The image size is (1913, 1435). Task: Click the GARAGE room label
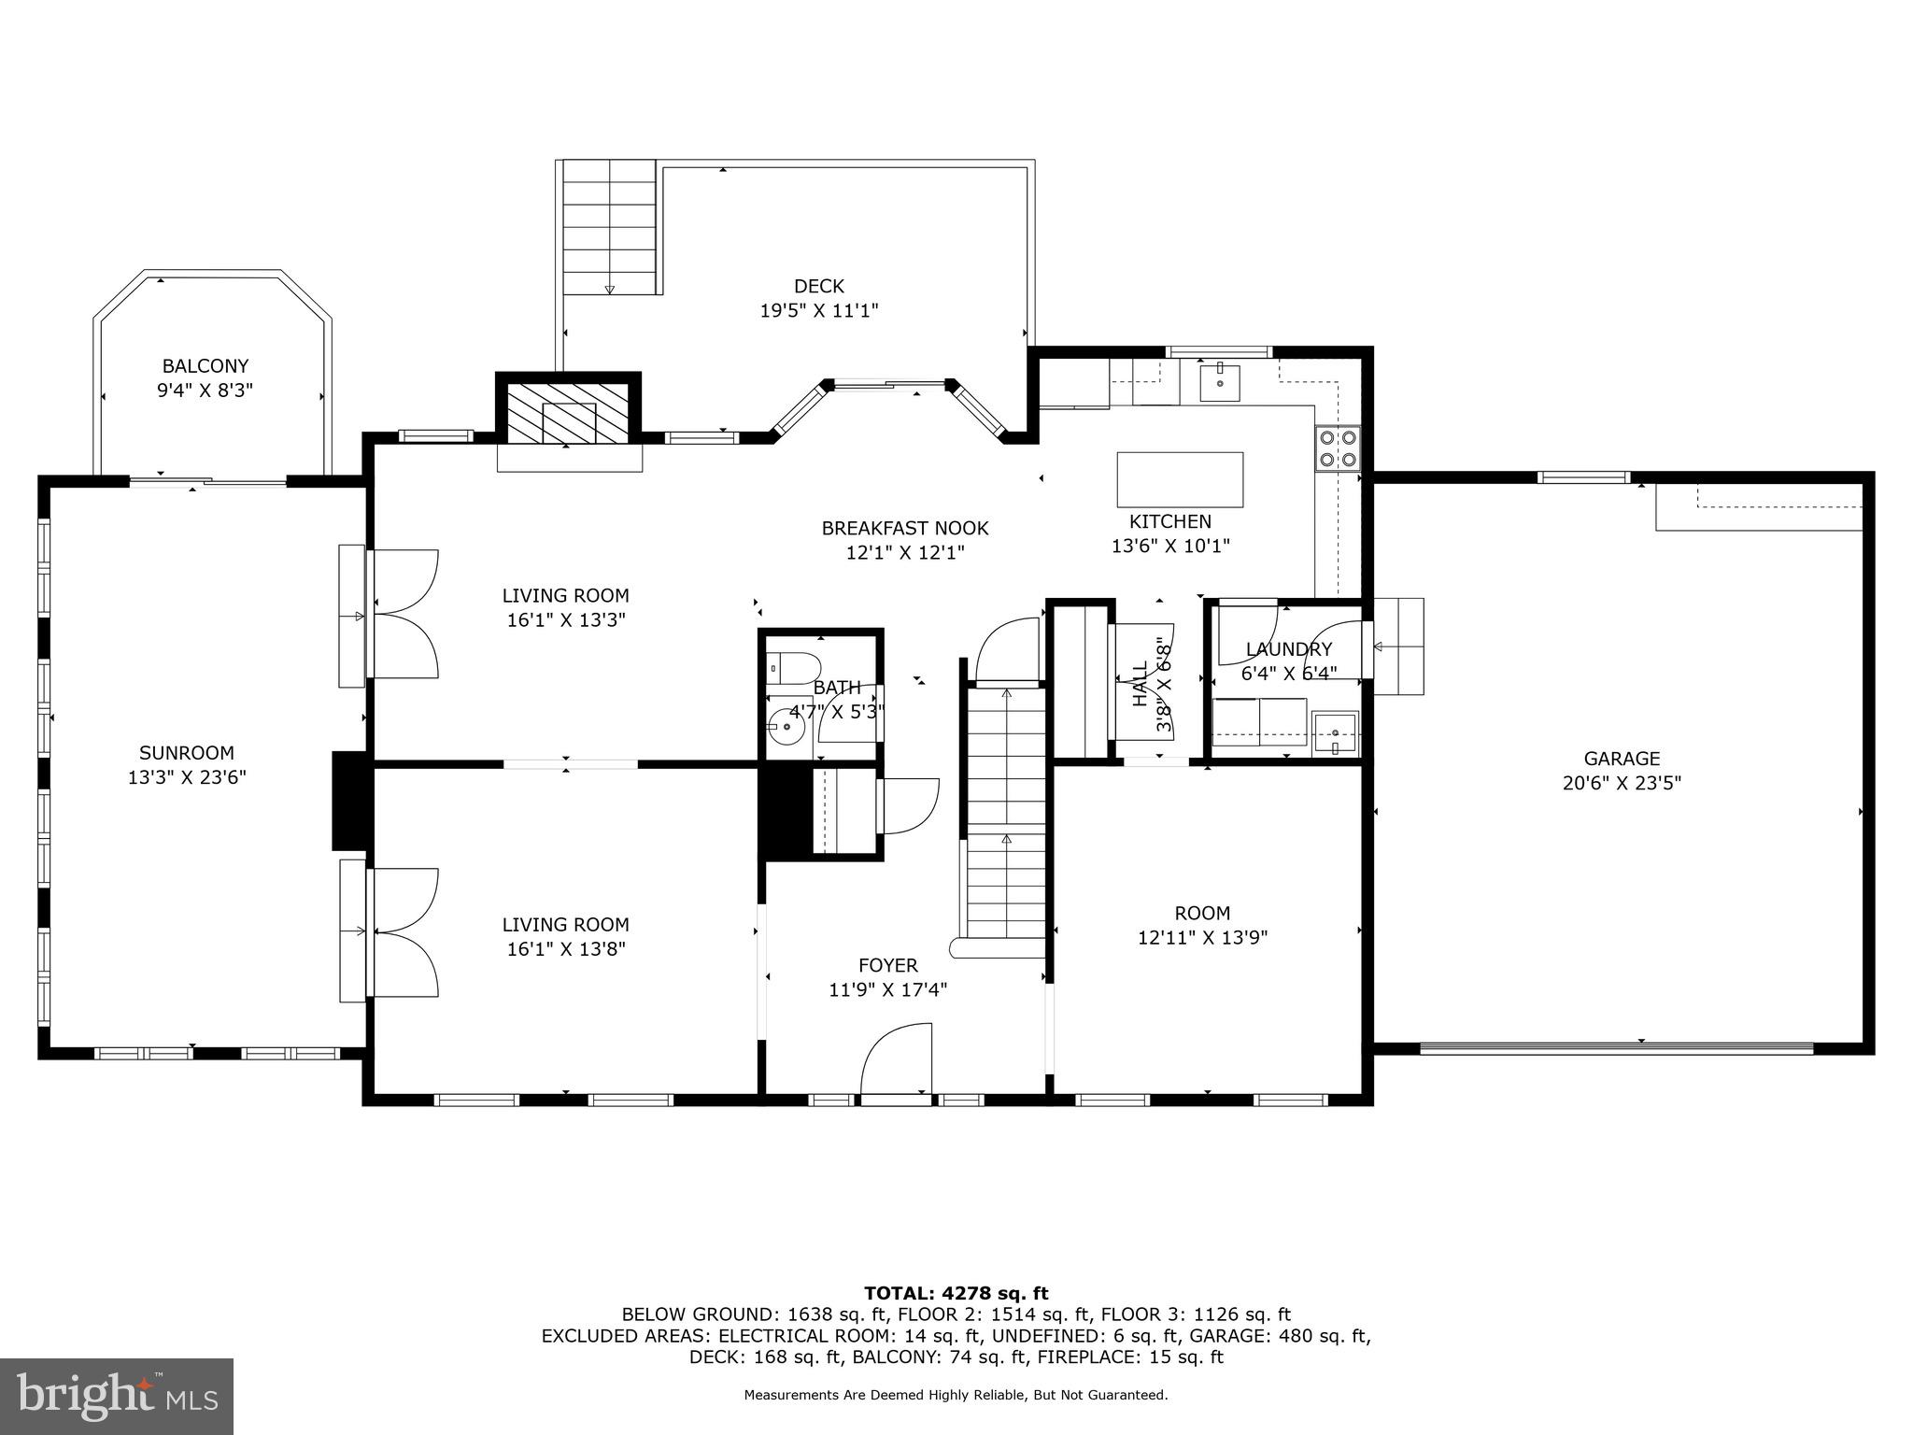[x=1622, y=760]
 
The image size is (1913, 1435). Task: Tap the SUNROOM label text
[x=187, y=753]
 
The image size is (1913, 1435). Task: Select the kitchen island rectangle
[x=1180, y=479]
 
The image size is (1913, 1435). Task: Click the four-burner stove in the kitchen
[x=1338, y=448]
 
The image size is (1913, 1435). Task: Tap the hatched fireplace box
[x=568, y=412]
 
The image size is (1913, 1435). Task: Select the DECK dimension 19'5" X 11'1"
[x=819, y=310]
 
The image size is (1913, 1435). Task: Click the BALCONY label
[x=205, y=366]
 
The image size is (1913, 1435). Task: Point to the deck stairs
[x=609, y=226]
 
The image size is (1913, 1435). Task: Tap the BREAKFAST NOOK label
[x=904, y=529]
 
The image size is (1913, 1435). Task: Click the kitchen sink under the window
[x=1220, y=382]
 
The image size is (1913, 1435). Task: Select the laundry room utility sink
[x=1335, y=732]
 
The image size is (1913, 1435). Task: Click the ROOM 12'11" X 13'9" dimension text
[x=1202, y=937]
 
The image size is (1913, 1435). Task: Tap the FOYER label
[x=887, y=965]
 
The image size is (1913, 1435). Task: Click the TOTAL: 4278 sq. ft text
[x=956, y=1293]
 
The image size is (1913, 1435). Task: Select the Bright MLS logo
[x=117, y=1396]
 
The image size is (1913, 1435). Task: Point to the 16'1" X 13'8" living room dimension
[x=565, y=949]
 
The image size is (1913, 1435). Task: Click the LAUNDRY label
[x=1289, y=649]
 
